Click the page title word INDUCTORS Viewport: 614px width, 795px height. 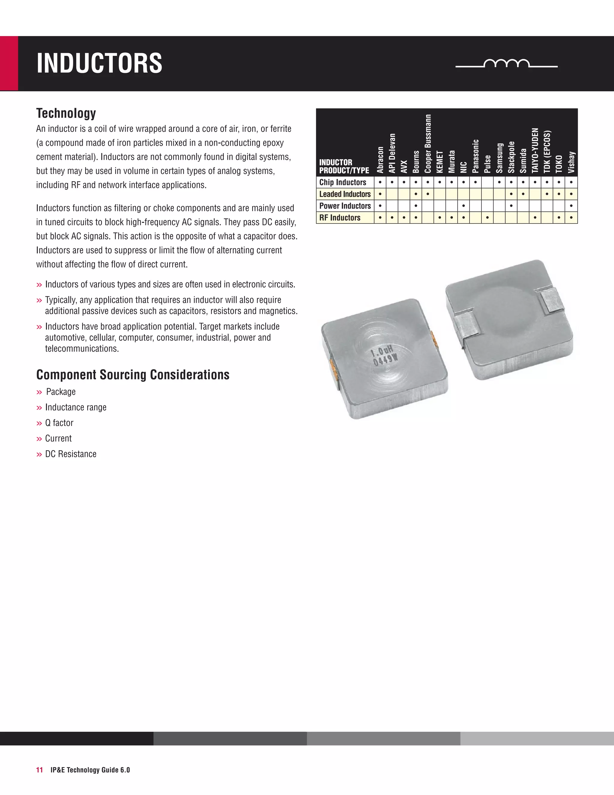point(99,63)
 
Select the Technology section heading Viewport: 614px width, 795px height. point(66,113)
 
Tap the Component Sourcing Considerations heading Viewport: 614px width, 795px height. point(133,375)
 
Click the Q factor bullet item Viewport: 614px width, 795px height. point(59,423)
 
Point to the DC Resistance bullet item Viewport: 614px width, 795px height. point(70,454)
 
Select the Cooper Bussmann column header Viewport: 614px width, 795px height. point(428,144)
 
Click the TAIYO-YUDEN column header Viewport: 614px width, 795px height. point(535,150)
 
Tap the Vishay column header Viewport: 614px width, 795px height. point(571,162)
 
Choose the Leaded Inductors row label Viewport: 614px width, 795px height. point(345,194)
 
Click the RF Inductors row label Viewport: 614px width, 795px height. point(340,218)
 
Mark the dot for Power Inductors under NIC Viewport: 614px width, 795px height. point(463,206)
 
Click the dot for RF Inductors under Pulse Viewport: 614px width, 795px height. point(487,218)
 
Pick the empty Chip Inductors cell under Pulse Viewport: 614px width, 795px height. point(487,182)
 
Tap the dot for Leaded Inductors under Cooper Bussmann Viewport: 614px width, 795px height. point(428,194)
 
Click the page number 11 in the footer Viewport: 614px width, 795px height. point(39,770)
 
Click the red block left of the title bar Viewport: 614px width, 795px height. point(9,63)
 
